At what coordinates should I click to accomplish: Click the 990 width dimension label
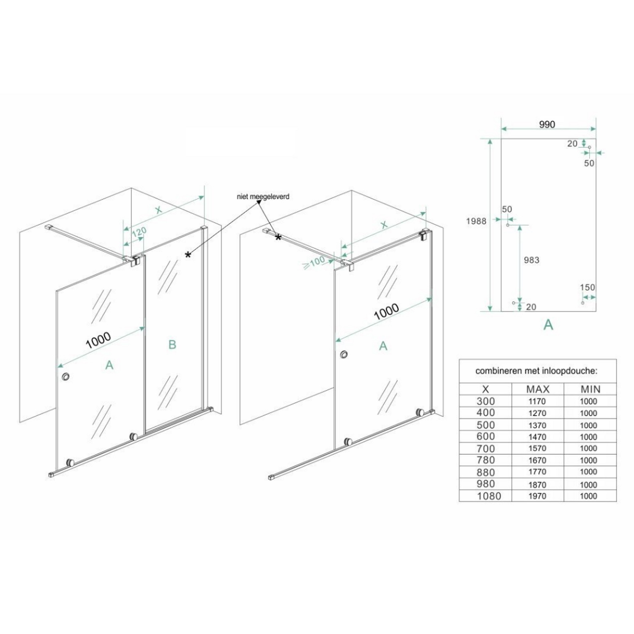pyautogui.click(x=547, y=124)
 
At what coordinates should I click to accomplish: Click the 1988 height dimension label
pyautogui.click(x=476, y=221)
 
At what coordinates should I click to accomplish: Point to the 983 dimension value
pyautogui.click(x=532, y=260)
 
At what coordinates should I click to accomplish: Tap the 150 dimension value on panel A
pyautogui.click(x=588, y=287)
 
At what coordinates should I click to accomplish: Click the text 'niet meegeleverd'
pyautogui.click(x=263, y=197)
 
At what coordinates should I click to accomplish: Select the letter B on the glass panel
pyautogui.click(x=172, y=344)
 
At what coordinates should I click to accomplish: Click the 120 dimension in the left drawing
pyautogui.click(x=139, y=233)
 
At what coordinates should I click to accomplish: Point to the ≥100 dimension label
pyautogui.click(x=314, y=262)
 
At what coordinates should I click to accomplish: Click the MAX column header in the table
pyautogui.click(x=538, y=389)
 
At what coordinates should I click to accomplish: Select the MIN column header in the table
pyautogui.click(x=590, y=389)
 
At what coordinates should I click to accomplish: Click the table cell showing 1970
pyautogui.click(x=537, y=496)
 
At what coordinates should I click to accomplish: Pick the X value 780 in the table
pyautogui.click(x=486, y=460)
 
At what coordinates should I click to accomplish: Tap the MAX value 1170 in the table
pyautogui.click(x=537, y=402)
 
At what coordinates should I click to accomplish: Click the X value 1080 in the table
pyautogui.click(x=489, y=496)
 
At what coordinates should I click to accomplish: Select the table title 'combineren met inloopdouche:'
pyautogui.click(x=536, y=371)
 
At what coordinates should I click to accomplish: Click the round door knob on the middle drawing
pyautogui.click(x=346, y=354)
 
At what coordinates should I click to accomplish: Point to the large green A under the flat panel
pyautogui.click(x=548, y=324)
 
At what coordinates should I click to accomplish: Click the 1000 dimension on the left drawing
pyautogui.click(x=98, y=340)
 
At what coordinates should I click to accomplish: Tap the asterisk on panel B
pyautogui.click(x=188, y=254)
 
